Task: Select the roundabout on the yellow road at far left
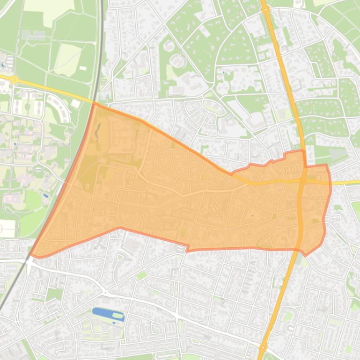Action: click(x=14, y=80)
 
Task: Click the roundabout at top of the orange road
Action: click(x=265, y=9)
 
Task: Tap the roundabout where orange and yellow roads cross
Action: click(x=303, y=180)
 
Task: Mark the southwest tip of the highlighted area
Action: click(x=32, y=255)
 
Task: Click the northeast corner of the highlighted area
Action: click(x=326, y=165)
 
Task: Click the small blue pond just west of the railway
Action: click(x=45, y=195)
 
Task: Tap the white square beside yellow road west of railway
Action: click(x=76, y=102)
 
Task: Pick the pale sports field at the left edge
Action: click(x=7, y=228)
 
